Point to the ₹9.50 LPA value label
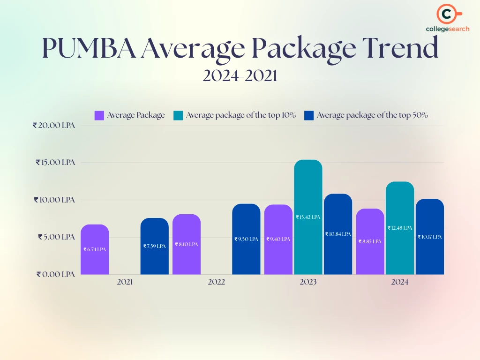pos(247,239)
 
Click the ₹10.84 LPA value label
pos(338,234)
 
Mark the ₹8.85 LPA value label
pos(370,241)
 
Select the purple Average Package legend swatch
pos(99,115)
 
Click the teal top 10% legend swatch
pos(178,115)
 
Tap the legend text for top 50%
pos(372,115)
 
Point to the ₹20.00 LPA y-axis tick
pos(54,126)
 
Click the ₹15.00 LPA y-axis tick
pos(55,163)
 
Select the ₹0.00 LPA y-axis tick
pos(56,274)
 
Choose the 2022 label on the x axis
pos(217,282)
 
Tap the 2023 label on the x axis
pos(308,282)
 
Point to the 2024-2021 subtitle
pos(240,75)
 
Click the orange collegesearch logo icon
pos(447,15)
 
